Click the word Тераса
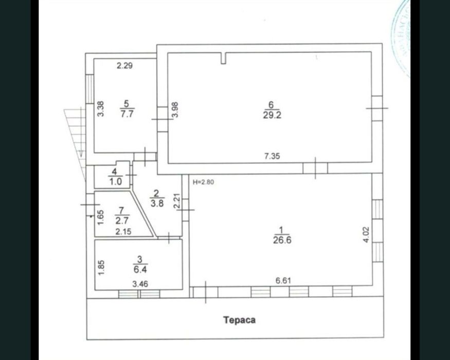(239, 320)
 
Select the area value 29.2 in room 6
(272, 115)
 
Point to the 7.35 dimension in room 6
(272, 157)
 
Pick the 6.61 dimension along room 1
(283, 280)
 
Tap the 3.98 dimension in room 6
(175, 110)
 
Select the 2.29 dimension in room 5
(125, 65)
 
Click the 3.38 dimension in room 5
(101, 109)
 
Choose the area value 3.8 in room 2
(157, 202)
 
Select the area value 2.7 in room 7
(121, 220)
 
